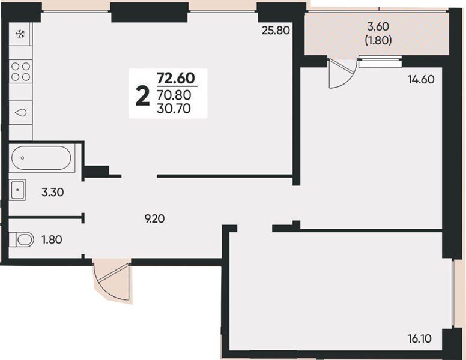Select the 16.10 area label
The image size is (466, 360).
tap(419, 338)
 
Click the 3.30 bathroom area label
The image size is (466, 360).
tap(52, 193)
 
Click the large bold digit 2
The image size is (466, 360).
tap(143, 94)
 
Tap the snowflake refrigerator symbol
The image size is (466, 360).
tap(20, 34)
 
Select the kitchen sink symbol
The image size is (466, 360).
tap(21, 112)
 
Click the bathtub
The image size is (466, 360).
tap(40, 158)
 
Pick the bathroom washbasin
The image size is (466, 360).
tap(19, 191)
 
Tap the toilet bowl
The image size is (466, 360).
tap(22, 240)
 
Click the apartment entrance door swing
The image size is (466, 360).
tap(111, 279)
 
